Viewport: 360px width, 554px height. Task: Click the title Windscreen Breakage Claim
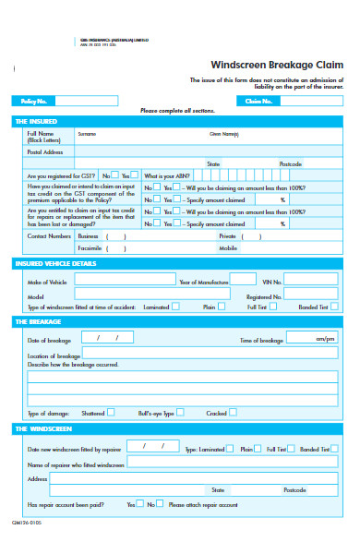(x=271, y=66)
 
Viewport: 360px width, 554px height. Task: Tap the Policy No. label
(x=34, y=101)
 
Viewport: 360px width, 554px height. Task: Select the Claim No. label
(x=260, y=101)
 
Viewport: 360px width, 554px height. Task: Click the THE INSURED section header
(x=36, y=121)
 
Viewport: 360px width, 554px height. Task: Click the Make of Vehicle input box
(x=125, y=279)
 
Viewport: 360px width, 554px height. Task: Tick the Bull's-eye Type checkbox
(x=180, y=413)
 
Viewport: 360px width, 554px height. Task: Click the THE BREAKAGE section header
(x=38, y=321)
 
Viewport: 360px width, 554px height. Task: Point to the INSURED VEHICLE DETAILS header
(x=54, y=263)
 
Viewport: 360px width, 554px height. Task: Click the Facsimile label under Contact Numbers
(x=90, y=247)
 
